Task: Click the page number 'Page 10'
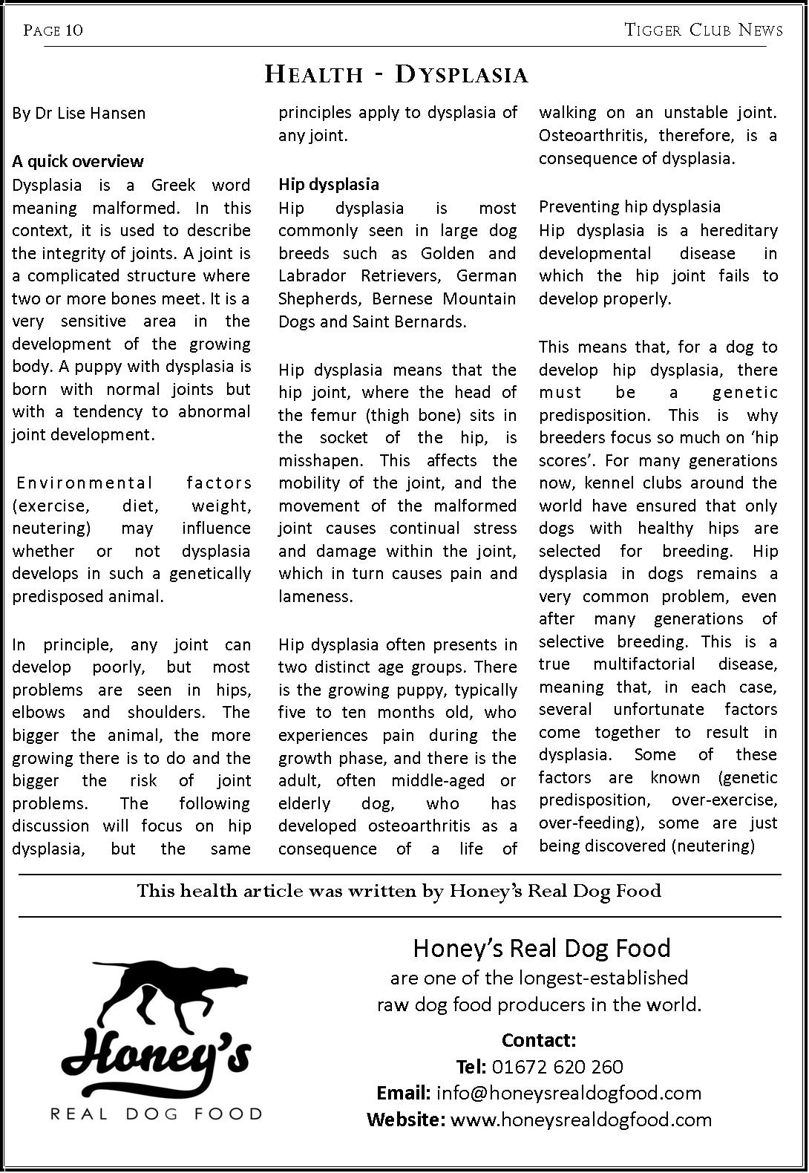[53, 30]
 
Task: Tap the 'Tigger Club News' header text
[703, 30]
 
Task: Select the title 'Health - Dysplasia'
[396, 74]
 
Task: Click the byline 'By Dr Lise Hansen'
[79, 114]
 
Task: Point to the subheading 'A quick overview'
[78, 161]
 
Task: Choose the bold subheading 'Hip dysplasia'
[328, 184]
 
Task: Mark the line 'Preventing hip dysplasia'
[629, 206]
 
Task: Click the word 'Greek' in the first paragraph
[173, 185]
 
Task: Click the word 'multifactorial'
[644, 664]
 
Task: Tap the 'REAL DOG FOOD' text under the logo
[156, 1114]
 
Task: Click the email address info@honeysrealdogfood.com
[569, 1093]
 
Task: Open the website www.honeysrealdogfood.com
[580, 1120]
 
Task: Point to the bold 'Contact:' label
[539, 1040]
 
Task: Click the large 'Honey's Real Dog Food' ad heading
[541, 948]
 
